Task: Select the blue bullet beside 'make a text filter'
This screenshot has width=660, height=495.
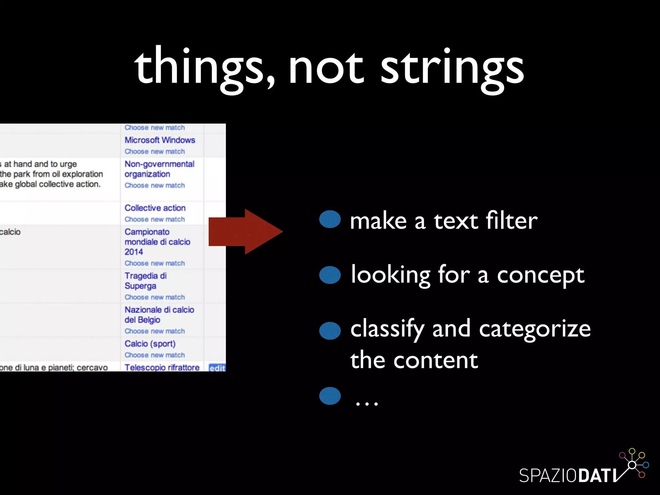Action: [x=330, y=219]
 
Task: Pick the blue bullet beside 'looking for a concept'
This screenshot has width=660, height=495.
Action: [x=330, y=275]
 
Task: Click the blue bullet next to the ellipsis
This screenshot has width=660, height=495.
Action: [x=330, y=396]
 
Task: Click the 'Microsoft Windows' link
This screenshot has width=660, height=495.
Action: [x=160, y=140]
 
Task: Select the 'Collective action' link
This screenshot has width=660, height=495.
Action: [x=155, y=208]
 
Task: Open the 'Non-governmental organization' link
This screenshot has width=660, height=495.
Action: [x=159, y=169]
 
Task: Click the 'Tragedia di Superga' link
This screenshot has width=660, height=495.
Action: [x=145, y=281]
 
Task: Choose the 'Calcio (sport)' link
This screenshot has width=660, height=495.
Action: [x=150, y=344]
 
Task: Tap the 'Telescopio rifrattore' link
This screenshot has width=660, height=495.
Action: [x=162, y=367]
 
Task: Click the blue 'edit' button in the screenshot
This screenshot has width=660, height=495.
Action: [x=217, y=368]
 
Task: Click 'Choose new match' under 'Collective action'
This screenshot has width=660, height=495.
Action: [x=155, y=219]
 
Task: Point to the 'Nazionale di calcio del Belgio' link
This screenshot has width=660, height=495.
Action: [x=159, y=315]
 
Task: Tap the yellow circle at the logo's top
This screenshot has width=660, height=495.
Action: [x=632, y=451]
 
